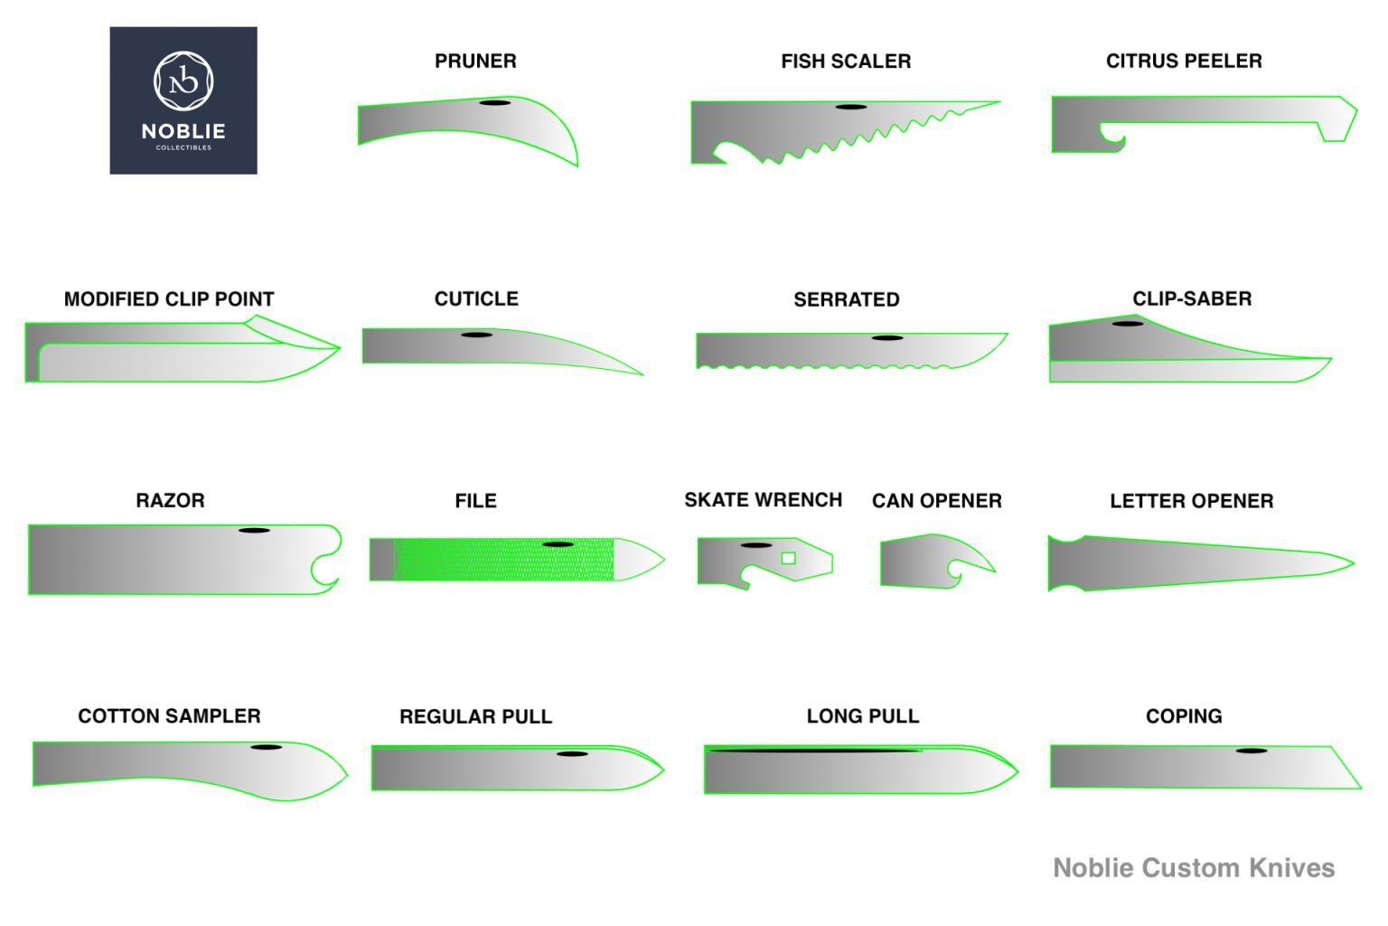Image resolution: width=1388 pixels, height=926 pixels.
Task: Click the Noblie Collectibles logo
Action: (x=183, y=100)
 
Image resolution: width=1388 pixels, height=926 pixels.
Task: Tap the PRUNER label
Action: (x=475, y=61)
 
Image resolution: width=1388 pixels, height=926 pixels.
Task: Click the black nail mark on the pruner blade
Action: (x=494, y=103)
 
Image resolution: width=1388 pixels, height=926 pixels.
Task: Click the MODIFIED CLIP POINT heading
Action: (x=169, y=299)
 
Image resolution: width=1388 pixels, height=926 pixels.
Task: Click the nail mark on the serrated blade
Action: (x=887, y=338)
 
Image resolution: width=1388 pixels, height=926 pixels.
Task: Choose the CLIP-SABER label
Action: (x=1191, y=299)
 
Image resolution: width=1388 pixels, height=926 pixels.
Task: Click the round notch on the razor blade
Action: (x=326, y=570)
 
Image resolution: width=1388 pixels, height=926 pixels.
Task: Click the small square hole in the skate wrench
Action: (x=788, y=558)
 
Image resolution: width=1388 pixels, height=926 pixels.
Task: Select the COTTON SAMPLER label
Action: (x=169, y=716)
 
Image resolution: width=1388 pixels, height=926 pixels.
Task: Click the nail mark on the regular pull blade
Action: (x=572, y=753)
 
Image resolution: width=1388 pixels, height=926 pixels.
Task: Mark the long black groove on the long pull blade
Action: (x=813, y=750)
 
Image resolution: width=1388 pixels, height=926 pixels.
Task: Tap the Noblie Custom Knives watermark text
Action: (x=1194, y=868)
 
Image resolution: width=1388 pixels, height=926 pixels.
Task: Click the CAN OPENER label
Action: (x=936, y=501)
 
